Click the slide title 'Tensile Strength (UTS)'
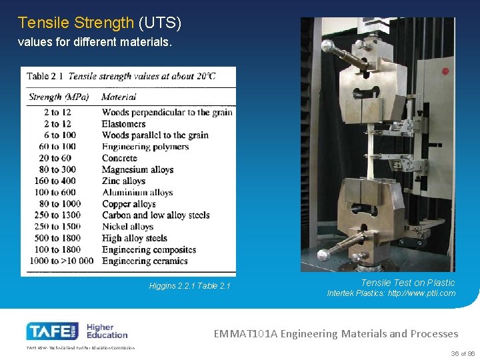tap(99, 23)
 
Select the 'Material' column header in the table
tap(119, 97)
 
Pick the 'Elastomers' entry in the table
tap(123, 124)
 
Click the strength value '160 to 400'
tap(55, 181)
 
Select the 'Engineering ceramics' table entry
tap(145, 261)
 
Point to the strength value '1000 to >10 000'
tap(61, 261)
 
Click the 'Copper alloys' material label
tap(129, 204)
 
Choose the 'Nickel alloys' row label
tap(128, 227)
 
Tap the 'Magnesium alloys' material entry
tap(137, 169)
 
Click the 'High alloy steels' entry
tap(134, 238)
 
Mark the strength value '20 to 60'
tap(55, 158)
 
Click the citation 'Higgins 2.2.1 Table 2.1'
tap(189, 286)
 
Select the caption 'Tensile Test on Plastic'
tap(407, 283)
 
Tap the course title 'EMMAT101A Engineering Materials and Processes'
tap(336, 333)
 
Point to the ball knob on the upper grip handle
tap(327, 47)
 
